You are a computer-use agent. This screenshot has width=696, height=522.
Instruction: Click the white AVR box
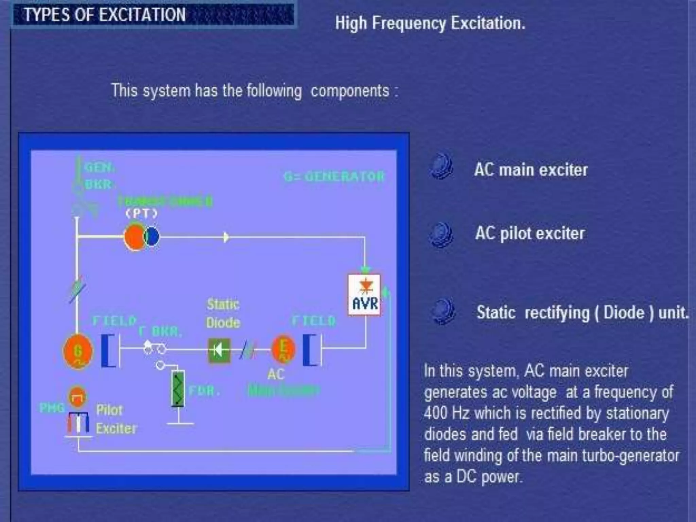[x=364, y=295]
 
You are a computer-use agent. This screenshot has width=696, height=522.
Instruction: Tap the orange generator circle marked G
[x=78, y=351]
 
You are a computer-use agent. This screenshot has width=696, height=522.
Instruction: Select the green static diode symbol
[x=219, y=350]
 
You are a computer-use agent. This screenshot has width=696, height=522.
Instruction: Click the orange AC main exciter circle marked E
[x=283, y=349]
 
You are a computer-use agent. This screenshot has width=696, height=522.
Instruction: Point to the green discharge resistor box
[x=178, y=389]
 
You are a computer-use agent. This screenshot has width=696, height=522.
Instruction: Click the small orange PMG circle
[x=77, y=396]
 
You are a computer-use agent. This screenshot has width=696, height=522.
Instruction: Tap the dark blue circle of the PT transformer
[x=152, y=237]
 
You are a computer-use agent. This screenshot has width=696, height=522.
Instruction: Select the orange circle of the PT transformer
[x=134, y=237]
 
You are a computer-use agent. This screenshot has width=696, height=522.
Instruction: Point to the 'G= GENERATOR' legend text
[x=334, y=176]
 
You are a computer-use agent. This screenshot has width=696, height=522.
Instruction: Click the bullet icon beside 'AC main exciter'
[x=441, y=166]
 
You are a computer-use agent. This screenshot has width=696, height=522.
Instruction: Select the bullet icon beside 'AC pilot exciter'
[x=441, y=234]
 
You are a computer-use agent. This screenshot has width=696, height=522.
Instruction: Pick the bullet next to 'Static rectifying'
[x=442, y=311]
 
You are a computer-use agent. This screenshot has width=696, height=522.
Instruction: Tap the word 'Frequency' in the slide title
[x=408, y=23]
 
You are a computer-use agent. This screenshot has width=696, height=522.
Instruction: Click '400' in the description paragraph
[x=435, y=413]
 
